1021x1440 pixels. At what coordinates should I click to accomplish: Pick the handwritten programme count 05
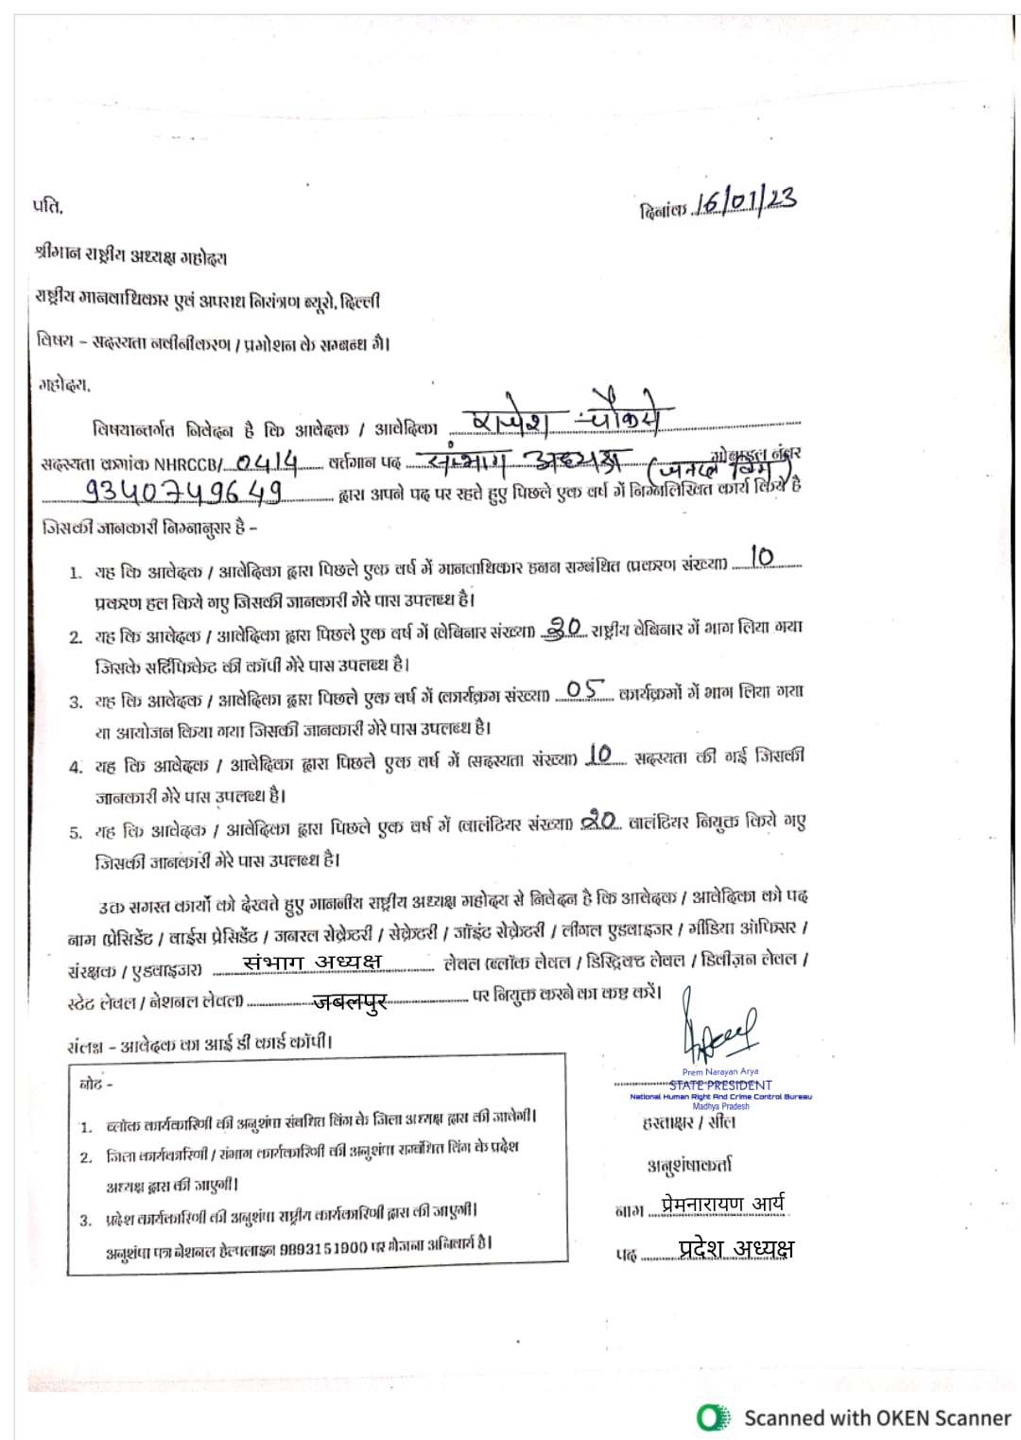pos(586,691)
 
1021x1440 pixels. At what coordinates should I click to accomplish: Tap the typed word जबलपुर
pos(350,1002)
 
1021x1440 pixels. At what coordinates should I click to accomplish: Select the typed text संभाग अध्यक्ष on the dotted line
pos(312,962)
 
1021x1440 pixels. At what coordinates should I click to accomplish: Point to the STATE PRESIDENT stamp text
pos(720,1084)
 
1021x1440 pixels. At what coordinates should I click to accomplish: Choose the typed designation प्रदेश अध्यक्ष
pos(736,1248)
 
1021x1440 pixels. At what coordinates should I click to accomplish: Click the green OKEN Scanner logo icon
pos(714,1416)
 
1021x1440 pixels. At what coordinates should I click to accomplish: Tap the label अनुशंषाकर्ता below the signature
pos(689,1165)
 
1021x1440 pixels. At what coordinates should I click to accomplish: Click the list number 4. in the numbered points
pos(76,767)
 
